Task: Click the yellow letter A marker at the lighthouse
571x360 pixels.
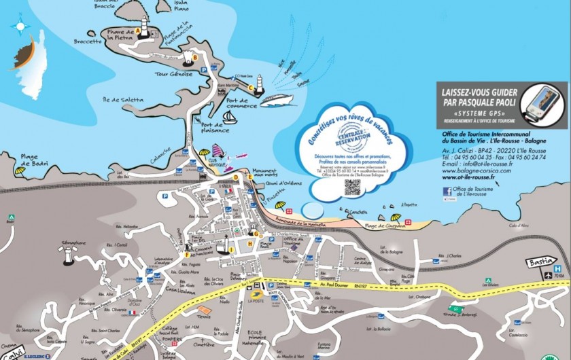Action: click(x=138, y=31)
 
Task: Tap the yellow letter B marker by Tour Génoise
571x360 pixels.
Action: click(x=195, y=58)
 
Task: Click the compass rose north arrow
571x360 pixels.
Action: click(x=20, y=26)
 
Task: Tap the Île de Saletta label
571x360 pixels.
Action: click(x=122, y=100)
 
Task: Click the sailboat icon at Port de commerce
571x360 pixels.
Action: click(x=230, y=118)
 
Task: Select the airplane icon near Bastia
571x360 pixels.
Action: click(x=548, y=275)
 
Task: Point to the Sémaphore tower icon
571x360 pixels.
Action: click(x=68, y=253)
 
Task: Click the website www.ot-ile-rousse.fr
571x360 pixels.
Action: click(x=480, y=179)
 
